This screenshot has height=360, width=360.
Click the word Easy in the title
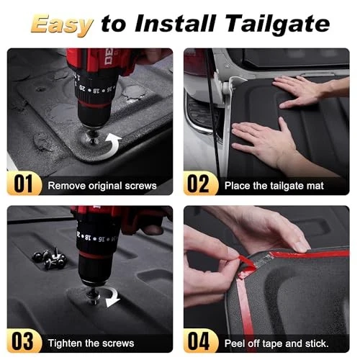(x=62, y=24)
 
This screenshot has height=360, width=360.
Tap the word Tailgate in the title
(x=278, y=24)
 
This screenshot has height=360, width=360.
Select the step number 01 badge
(x=23, y=184)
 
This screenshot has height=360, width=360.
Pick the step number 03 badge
(x=23, y=341)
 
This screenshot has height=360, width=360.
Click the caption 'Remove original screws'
(x=102, y=186)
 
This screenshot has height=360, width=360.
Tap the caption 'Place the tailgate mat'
(x=274, y=186)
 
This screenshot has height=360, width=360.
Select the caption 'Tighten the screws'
(x=91, y=343)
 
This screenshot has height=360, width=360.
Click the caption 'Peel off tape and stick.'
(x=276, y=343)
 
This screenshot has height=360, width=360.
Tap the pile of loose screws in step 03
(x=49, y=258)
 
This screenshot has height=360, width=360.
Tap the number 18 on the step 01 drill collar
(x=95, y=91)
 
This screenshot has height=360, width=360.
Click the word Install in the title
(x=174, y=24)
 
